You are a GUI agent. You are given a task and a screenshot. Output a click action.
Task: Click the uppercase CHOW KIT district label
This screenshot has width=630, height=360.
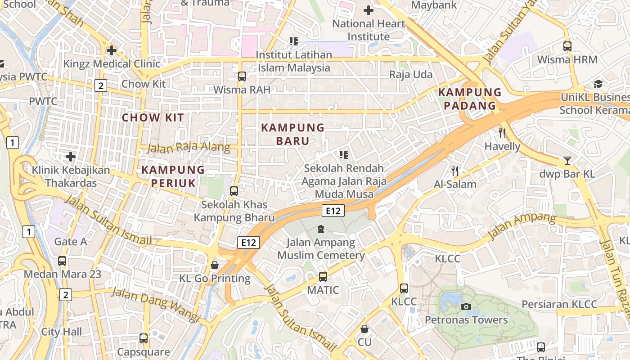pos(153,118)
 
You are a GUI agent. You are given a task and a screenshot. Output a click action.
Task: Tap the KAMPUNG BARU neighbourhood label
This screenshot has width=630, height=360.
pos(292,134)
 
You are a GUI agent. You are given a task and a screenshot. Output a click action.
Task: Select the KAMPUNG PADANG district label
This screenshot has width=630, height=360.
pos(470,99)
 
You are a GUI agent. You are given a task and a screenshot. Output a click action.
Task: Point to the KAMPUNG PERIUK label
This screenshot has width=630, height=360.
pos(173,176)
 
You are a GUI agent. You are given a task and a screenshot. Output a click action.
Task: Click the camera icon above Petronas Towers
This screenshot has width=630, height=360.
pos(466,307)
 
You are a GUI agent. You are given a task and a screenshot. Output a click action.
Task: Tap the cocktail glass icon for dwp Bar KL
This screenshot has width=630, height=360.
pos(567,161)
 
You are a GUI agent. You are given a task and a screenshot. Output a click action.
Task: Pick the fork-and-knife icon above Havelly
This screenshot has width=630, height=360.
pos(502,133)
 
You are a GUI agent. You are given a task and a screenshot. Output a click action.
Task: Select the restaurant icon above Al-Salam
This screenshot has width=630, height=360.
pos(455,171)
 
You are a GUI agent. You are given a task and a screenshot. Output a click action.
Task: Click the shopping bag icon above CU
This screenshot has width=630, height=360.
pos(364,329)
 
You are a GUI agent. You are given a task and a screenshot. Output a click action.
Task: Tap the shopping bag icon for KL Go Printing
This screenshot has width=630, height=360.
pos(215,265)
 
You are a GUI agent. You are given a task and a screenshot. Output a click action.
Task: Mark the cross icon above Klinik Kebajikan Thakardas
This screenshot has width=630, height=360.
pos(71,157)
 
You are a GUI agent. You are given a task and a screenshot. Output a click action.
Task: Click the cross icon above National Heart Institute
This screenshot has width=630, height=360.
pos(369,10)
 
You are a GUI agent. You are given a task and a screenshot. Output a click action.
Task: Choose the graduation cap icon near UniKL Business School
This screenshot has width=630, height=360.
pos(598,84)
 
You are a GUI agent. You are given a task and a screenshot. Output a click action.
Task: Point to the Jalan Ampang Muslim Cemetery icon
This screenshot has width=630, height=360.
pos(321,229)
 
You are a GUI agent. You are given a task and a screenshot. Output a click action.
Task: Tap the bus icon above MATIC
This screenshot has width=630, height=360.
pos(323,276)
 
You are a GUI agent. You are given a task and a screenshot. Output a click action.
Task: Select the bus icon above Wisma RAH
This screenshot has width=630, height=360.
pos(242,76)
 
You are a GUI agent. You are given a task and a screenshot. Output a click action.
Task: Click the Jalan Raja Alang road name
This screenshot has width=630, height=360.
pos(189,148)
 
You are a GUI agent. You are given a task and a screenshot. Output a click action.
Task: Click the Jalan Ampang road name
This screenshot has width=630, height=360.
pos(522,226)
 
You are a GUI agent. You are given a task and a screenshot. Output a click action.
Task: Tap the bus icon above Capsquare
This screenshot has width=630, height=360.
pos(144,338)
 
